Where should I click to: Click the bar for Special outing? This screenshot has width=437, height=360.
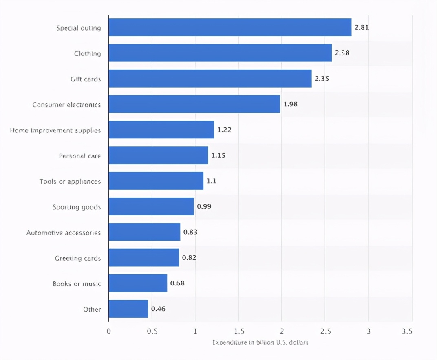pyautogui.click(x=230, y=27)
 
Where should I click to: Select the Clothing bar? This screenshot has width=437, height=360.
pyautogui.click(x=220, y=53)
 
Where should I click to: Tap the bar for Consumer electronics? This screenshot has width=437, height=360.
pyautogui.click(x=194, y=104)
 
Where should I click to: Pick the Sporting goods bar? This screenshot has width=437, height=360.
pyautogui.click(x=151, y=206)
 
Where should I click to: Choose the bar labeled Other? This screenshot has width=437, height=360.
pyautogui.click(x=128, y=309)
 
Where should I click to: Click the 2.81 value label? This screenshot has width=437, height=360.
pyautogui.click(x=362, y=28)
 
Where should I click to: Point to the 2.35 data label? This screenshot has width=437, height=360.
pyautogui.click(x=322, y=79)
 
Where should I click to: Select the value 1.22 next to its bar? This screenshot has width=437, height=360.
pyautogui.click(x=224, y=130)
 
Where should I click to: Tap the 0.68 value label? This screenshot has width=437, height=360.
pyautogui.click(x=177, y=283)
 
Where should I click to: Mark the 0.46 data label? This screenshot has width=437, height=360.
pyautogui.click(x=158, y=309)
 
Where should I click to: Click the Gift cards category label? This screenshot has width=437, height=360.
pyautogui.click(x=86, y=79)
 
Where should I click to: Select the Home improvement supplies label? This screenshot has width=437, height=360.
pyautogui.click(x=55, y=130)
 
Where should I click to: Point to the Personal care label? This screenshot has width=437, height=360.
pyautogui.click(x=80, y=156)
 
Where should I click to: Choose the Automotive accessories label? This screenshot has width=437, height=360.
pyautogui.click(x=64, y=233)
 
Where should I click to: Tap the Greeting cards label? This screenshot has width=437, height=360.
pyautogui.click(x=78, y=258)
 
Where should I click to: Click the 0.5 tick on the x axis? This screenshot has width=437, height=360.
pyautogui.click(x=152, y=331)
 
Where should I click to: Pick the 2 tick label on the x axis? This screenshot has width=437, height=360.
pyautogui.click(x=282, y=331)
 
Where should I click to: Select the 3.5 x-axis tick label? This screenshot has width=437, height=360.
pyautogui.click(x=407, y=331)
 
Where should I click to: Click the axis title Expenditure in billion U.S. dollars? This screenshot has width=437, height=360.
pyautogui.click(x=260, y=342)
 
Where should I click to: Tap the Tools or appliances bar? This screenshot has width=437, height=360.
pyautogui.click(x=156, y=181)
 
